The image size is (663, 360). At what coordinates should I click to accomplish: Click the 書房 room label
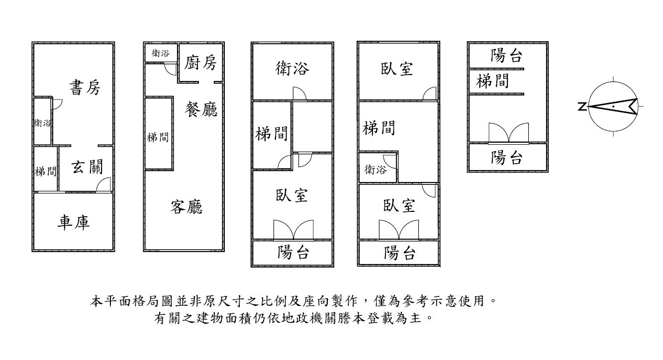point(85,88)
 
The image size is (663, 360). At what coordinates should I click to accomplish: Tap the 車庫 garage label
point(73,222)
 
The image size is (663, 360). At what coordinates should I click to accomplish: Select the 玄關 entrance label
point(88,168)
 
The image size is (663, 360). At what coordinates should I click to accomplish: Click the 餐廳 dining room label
point(201,108)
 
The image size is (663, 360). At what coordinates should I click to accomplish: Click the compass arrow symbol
point(613,106)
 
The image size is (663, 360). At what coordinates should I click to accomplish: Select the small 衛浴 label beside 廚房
point(160,53)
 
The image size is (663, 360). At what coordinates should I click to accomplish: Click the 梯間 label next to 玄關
point(45,172)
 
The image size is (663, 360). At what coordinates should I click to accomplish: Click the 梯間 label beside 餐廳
point(158,137)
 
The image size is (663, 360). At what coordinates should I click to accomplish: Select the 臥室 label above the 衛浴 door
point(398,69)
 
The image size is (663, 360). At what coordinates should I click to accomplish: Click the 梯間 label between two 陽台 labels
point(492,81)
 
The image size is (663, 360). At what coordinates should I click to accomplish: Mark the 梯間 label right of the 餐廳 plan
point(271,133)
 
